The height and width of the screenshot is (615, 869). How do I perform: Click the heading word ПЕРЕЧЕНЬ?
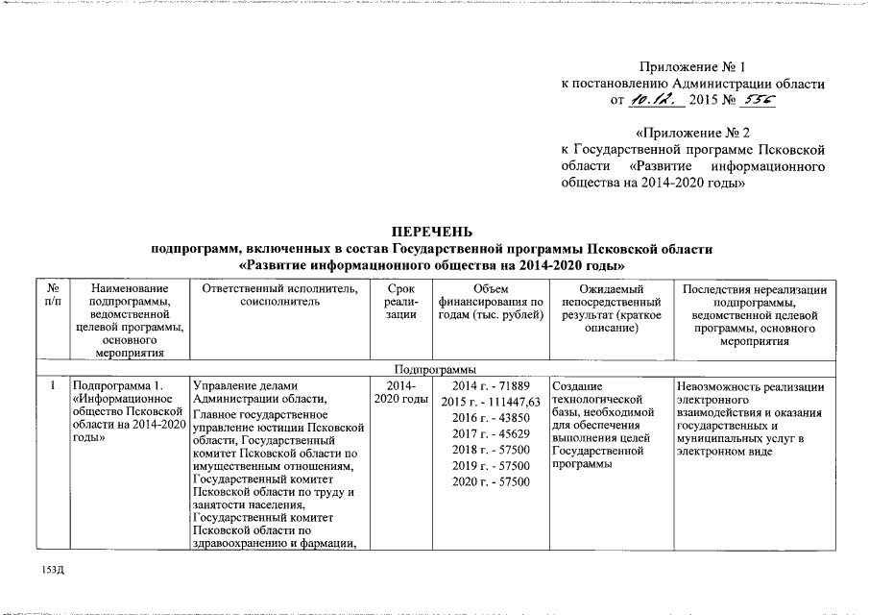click(x=434, y=233)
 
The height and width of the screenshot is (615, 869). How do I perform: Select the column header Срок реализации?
click(x=400, y=301)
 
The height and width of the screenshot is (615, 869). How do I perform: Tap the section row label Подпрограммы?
click(x=434, y=368)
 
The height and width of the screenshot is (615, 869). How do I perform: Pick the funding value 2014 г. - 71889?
click(x=490, y=385)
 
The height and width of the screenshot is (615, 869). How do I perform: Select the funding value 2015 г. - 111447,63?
click(x=490, y=401)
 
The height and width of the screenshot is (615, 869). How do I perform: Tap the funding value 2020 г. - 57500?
click(x=490, y=481)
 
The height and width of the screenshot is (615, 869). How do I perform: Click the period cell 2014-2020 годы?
click(x=400, y=392)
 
